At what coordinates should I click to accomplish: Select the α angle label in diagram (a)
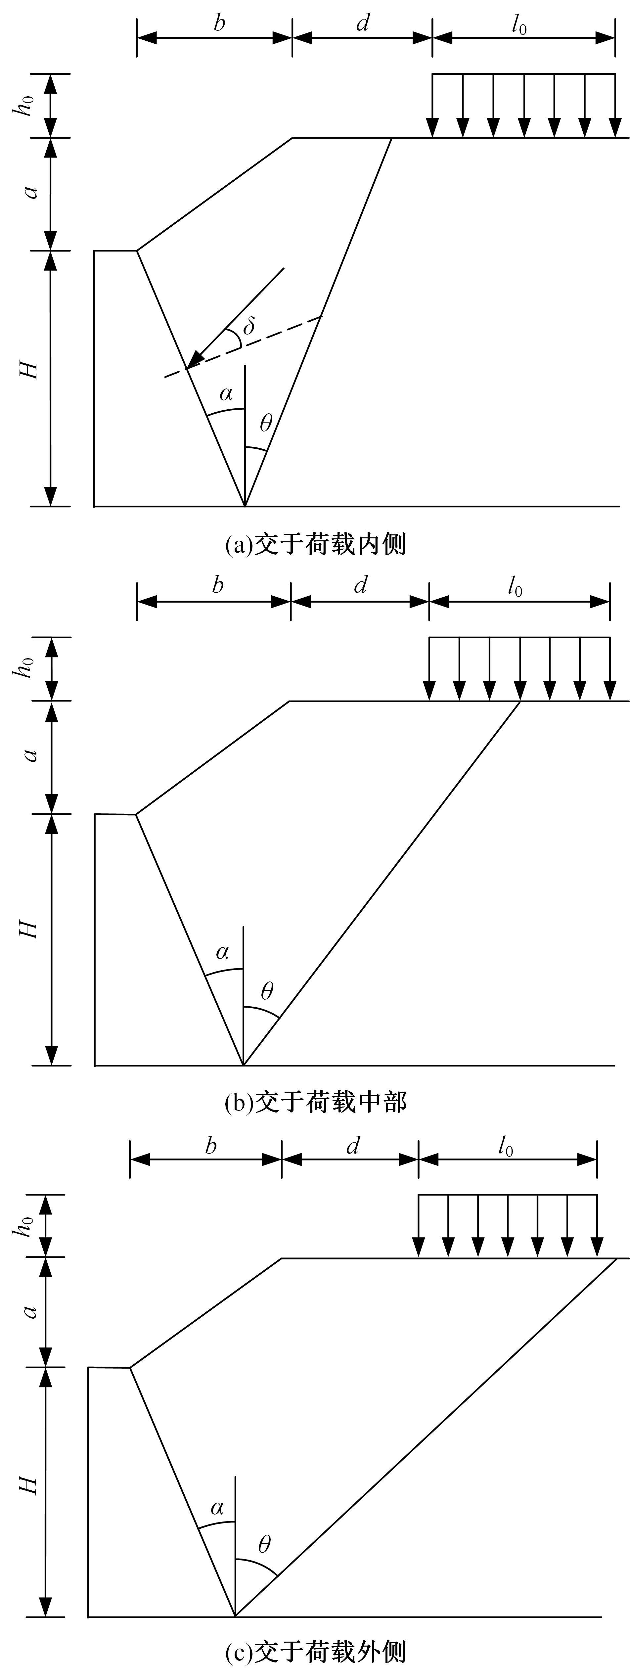(x=226, y=394)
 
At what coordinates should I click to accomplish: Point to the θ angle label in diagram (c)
(x=264, y=1544)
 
